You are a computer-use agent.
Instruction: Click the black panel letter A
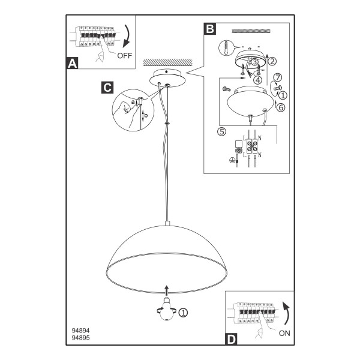[x=73, y=63]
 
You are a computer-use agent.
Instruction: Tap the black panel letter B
[x=210, y=29]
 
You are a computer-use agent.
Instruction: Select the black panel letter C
[x=107, y=88]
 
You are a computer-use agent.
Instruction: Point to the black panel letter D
[x=231, y=339]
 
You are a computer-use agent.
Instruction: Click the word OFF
[x=125, y=56]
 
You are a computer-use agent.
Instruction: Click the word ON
[x=284, y=333]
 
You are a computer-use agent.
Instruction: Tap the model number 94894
[x=81, y=331]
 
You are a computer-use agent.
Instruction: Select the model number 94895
[x=81, y=338]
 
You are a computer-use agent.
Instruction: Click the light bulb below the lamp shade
[x=167, y=308]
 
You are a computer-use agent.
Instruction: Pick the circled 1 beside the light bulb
[x=183, y=312]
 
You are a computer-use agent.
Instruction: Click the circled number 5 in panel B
[x=222, y=131]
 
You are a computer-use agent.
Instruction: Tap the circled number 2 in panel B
[x=272, y=61]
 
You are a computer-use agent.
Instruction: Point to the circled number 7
[x=278, y=77]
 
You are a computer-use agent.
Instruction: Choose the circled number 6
[x=281, y=107]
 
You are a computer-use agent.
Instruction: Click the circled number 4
[x=257, y=80]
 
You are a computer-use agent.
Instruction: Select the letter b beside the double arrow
[x=146, y=115]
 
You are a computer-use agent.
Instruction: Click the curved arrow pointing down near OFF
[x=126, y=36]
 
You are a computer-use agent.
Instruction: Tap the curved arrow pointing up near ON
[x=286, y=313]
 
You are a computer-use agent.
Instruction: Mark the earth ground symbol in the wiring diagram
[x=232, y=160]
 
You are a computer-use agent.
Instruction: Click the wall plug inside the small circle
[x=226, y=48]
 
